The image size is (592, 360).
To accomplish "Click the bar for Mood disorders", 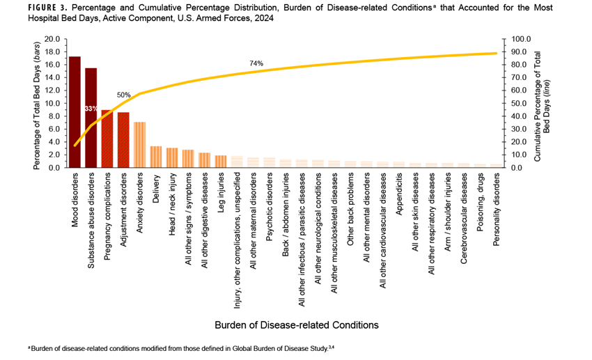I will tap(75, 112).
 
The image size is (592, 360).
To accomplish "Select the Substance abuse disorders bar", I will tap(91, 118).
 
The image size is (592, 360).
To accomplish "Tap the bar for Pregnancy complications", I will tap(107, 139).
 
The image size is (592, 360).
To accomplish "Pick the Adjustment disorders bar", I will tap(123, 140).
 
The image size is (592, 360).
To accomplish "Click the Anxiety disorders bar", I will tap(139, 145).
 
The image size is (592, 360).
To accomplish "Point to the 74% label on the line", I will tap(256, 63).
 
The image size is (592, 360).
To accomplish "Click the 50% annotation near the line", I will tap(123, 95).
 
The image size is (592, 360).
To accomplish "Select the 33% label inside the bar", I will tap(91, 109).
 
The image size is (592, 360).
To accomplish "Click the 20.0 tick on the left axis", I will tap(52, 39).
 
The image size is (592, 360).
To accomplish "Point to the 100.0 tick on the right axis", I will tap(522, 39).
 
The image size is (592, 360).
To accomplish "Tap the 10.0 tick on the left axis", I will tap(52, 103).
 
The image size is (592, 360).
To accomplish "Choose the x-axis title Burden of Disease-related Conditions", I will tap(296, 324).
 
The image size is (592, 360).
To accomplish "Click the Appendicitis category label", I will tap(399, 196).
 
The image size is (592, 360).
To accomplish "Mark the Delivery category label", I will tap(156, 187).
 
